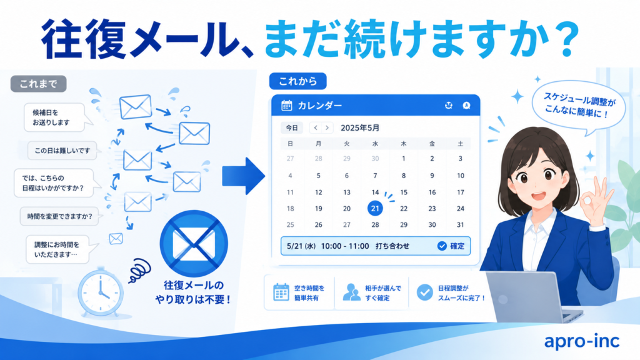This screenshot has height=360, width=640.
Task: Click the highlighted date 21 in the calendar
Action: click(375, 209)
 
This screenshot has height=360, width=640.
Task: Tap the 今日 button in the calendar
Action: click(291, 127)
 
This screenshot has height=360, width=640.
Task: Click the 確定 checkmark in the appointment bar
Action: click(442, 246)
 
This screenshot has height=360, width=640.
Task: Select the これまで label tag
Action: click(38, 84)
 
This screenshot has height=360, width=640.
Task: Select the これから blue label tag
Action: click(297, 81)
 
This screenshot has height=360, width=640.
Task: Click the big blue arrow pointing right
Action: click(244, 176)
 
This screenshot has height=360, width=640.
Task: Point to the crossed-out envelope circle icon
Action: click(194, 244)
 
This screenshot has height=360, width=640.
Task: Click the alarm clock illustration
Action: click(101, 292)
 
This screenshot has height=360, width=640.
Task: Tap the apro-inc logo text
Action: click(582, 341)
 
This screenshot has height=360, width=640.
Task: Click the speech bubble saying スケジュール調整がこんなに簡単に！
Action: click(579, 107)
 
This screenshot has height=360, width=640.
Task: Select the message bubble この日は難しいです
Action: click(62, 151)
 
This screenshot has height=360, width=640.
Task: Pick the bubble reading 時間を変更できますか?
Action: click(59, 216)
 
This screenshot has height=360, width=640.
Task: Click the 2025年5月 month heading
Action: click(360, 127)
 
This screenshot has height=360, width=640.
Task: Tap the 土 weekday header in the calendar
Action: click(460, 144)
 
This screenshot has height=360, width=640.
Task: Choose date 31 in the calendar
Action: click(460, 224)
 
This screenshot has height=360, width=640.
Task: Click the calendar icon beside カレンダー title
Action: click(286, 105)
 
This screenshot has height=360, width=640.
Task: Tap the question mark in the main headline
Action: click(565, 39)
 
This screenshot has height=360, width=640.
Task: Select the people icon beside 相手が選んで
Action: click(351, 292)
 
